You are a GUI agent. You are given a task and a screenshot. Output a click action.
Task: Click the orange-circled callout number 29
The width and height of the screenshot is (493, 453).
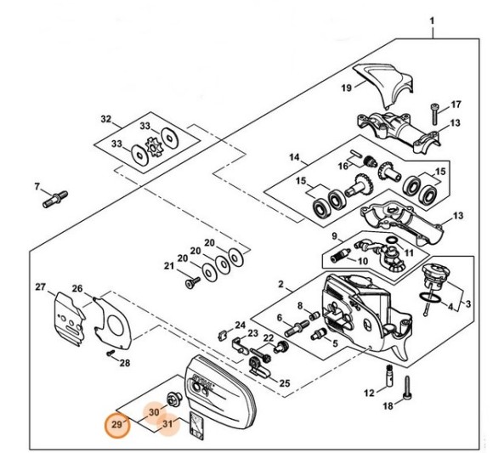point(117,425)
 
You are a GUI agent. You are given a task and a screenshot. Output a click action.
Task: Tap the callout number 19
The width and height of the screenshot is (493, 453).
point(346,88)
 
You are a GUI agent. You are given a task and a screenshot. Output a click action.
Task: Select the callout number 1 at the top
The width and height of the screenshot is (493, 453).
point(432,21)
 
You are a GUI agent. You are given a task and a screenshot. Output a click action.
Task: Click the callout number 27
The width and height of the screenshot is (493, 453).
point(40,287)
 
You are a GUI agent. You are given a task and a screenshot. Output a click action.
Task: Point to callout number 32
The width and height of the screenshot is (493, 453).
point(106,119)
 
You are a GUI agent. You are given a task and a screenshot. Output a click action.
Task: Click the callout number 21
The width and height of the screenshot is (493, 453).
point(169,266)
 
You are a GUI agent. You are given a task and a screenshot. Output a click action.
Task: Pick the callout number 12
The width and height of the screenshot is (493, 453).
point(370,393)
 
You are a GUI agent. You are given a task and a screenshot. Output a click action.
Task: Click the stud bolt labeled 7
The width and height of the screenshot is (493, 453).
point(55,200)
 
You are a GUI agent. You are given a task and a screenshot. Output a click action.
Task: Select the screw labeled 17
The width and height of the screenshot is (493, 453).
point(434,115)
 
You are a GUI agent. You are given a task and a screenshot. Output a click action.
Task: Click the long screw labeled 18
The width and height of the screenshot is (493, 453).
point(407,389)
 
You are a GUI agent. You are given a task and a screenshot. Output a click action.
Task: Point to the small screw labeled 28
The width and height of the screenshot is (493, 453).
point(110,353)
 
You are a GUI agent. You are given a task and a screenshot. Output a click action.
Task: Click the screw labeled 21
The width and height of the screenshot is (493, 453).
point(193,282)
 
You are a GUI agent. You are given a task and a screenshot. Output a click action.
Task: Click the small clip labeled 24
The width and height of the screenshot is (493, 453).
point(222,335)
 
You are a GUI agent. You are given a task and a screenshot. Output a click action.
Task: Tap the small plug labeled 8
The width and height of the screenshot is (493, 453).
point(315,315)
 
